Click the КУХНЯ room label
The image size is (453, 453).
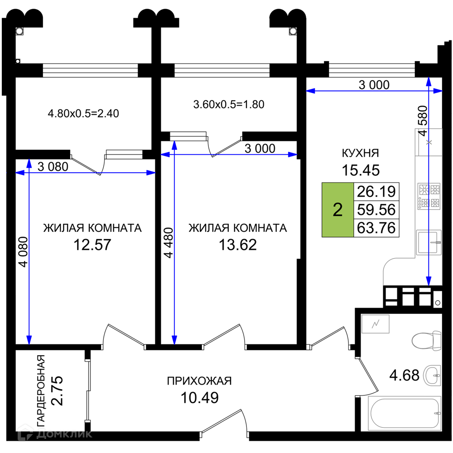360,153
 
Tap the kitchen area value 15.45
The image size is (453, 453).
361,170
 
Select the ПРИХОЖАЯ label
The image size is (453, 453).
199,381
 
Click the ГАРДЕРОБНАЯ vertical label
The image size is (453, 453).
41,390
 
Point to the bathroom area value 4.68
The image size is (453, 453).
404,375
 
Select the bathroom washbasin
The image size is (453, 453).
432,375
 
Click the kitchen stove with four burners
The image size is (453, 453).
429,196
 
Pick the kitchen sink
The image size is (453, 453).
429,242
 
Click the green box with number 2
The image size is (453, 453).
338,210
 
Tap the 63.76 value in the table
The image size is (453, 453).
376,228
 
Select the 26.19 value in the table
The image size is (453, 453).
376,192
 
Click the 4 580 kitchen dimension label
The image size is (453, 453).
423,121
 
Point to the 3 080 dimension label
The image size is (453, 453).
53,167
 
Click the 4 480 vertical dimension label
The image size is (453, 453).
169,243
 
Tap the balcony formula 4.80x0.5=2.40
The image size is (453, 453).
83,114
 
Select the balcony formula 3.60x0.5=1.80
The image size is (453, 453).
228,104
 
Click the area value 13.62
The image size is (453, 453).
237,245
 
